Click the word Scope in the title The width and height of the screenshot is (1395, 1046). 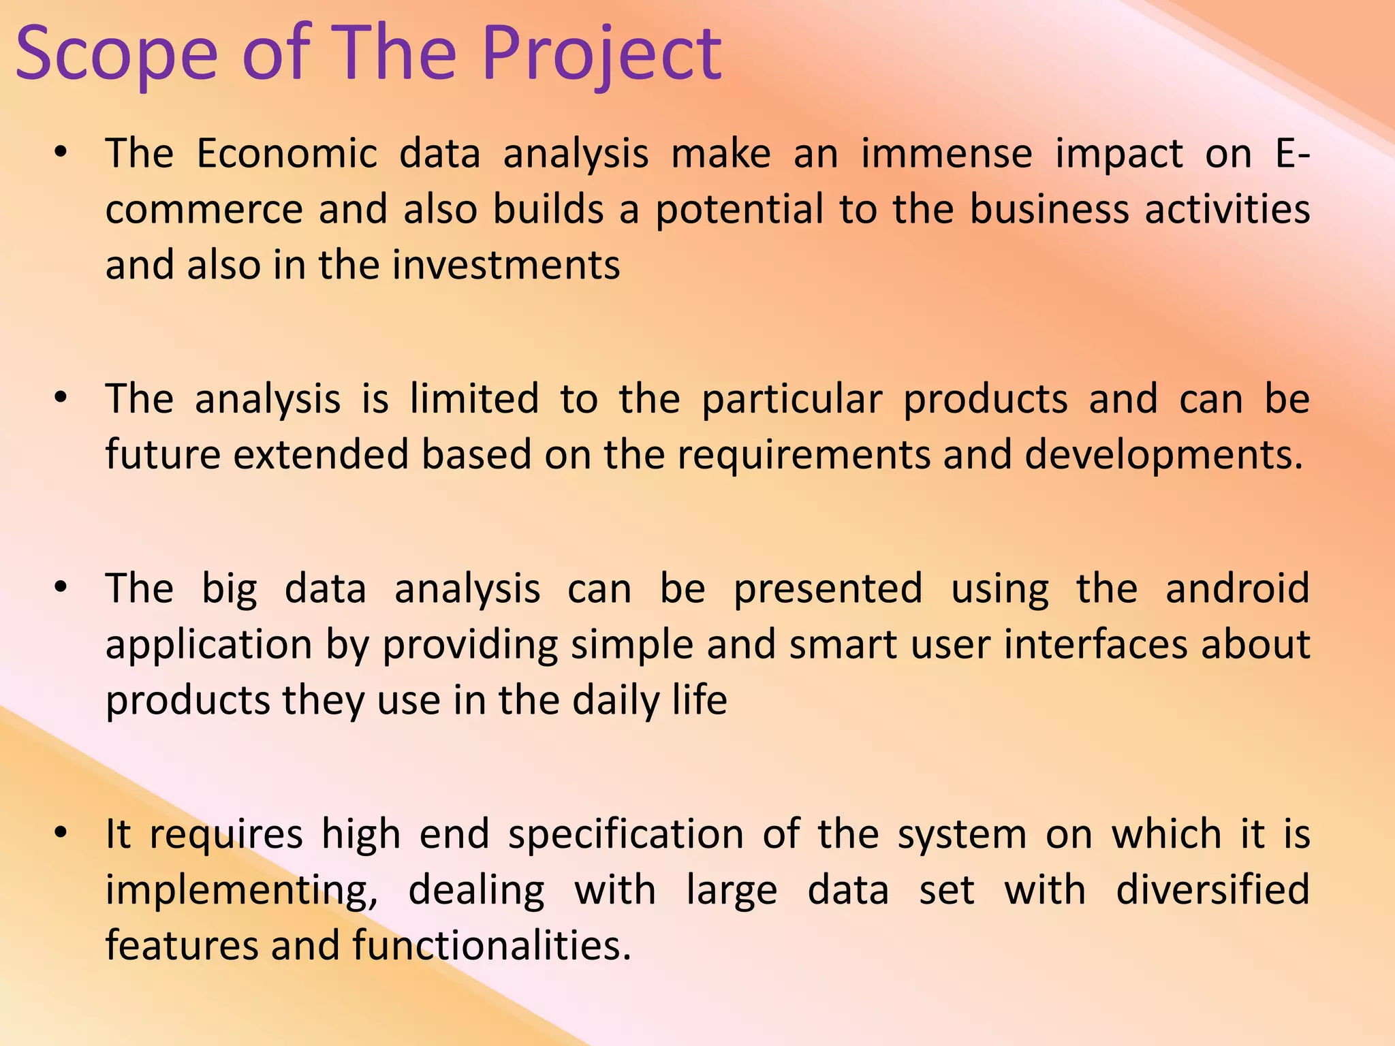tap(116, 54)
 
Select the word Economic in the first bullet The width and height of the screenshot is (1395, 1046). tap(286, 153)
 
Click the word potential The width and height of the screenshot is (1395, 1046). tap(739, 210)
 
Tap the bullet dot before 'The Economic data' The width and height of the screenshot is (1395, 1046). tap(61, 154)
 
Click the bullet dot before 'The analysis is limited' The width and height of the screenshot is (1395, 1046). tap(61, 399)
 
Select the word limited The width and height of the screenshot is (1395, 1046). tap(474, 399)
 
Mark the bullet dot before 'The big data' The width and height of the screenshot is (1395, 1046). tap(61, 588)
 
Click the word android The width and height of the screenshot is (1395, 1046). tap(1237, 588)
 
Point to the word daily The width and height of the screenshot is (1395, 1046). tap(616, 701)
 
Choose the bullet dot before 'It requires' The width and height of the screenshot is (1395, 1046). tap(61, 834)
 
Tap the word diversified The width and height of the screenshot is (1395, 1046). tap(1212, 890)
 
